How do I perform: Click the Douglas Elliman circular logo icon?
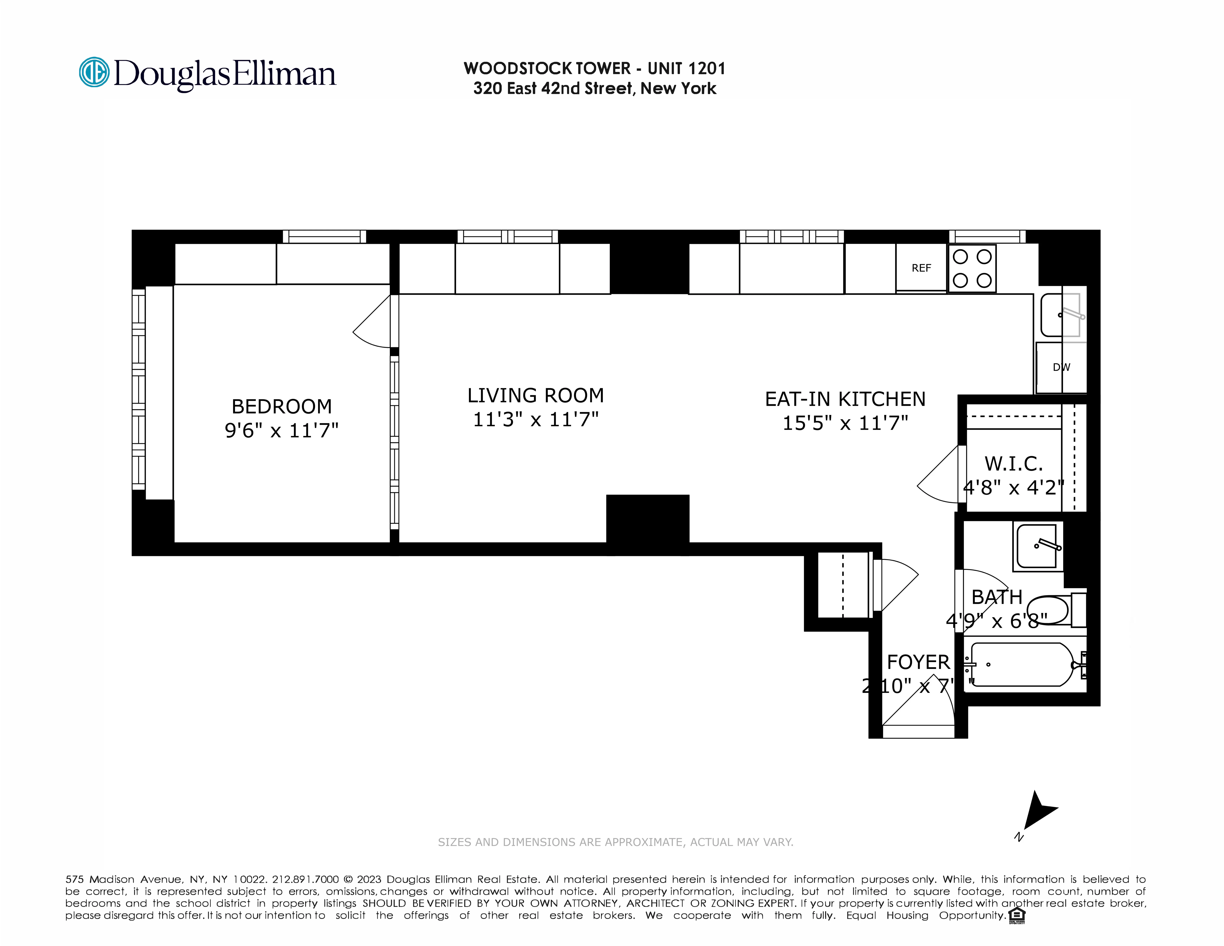[x=94, y=72]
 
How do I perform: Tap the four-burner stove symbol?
[x=972, y=268]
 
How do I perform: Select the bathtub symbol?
[x=1021, y=665]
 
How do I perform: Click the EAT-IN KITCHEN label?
[x=845, y=399]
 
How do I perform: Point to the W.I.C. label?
[x=1013, y=464]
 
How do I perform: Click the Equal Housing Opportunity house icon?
[x=1016, y=915]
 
